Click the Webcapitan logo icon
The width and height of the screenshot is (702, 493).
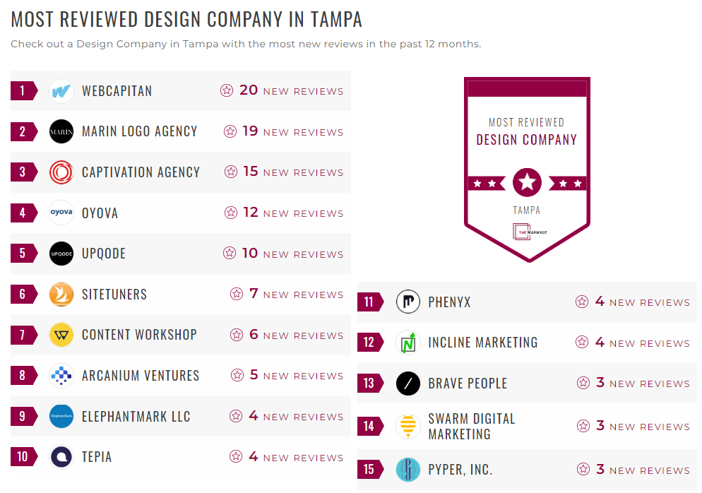click(61, 91)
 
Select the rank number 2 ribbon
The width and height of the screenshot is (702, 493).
click(23, 131)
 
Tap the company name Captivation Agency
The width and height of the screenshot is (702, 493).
click(141, 172)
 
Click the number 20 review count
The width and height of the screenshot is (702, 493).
click(249, 90)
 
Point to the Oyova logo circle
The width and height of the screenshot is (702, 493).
click(61, 213)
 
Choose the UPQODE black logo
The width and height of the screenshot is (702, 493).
click(61, 254)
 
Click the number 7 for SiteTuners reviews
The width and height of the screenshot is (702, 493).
click(254, 294)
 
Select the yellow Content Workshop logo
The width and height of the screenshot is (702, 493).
click(61, 335)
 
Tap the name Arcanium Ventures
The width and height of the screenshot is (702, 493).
click(141, 376)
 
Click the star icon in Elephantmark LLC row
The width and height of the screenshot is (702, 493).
click(235, 417)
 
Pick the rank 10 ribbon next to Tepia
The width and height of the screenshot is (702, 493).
click(23, 457)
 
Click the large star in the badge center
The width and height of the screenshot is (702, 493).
click(527, 183)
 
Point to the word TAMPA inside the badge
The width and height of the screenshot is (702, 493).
click(527, 210)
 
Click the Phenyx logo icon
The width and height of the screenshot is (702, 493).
click(408, 302)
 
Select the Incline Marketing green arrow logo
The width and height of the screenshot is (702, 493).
click(408, 343)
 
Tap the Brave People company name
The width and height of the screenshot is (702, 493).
click(468, 384)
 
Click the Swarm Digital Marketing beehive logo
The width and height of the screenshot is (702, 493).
click(408, 427)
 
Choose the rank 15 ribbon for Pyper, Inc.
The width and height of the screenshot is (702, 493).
click(369, 470)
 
